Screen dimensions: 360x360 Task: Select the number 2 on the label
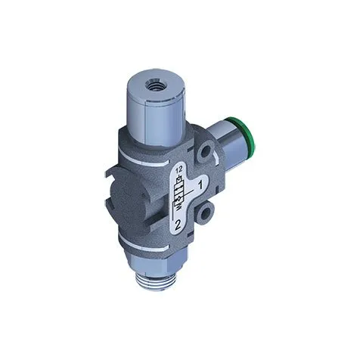point(176,225)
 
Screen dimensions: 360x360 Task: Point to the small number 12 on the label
point(179,171)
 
